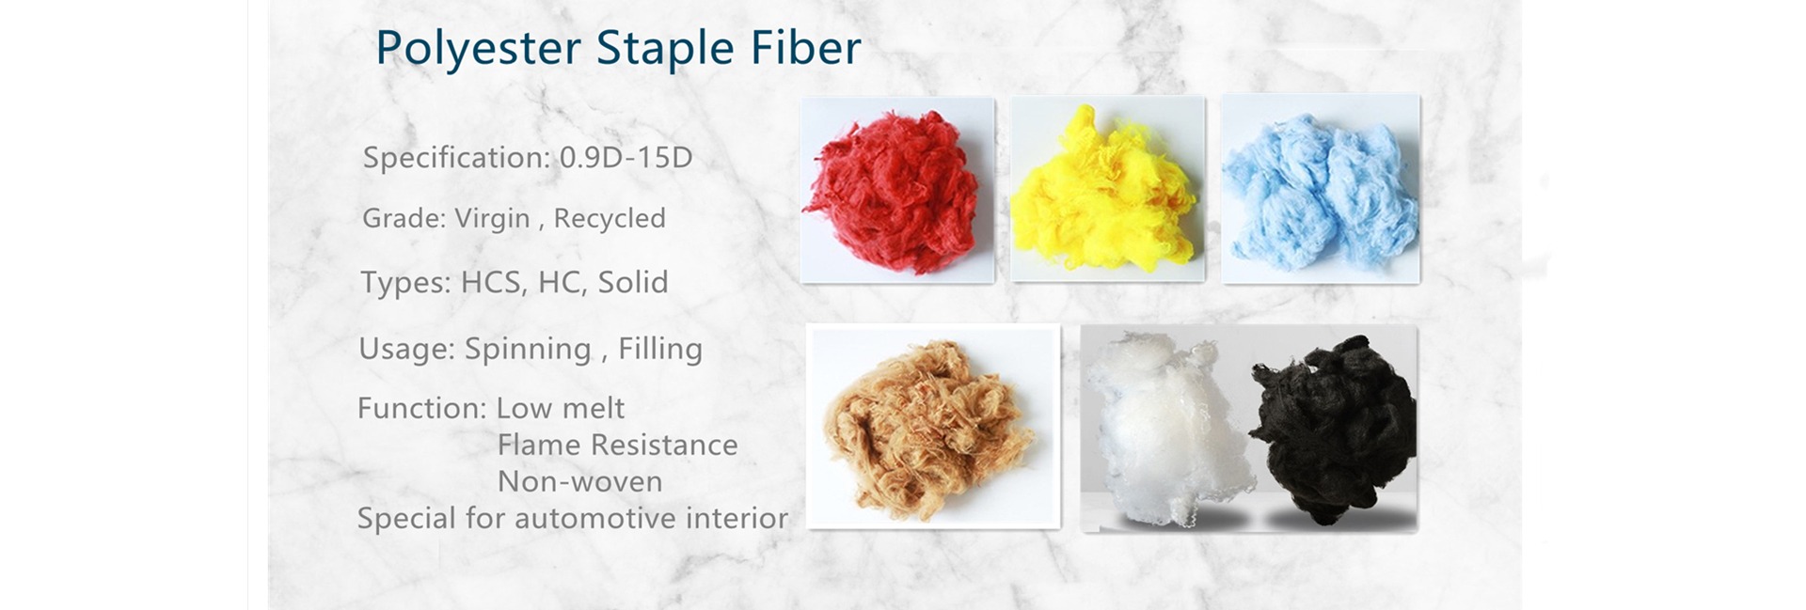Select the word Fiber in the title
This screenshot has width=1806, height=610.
click(805, 47)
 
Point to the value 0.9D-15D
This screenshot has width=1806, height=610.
click(626, 157)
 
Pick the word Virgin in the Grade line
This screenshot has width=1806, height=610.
click(492, 218)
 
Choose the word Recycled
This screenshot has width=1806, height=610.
click(610, 218)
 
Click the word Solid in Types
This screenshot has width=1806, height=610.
click(633, 282)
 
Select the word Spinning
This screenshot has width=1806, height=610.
click(528, 349)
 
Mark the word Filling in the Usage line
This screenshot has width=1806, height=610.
click(660, 349)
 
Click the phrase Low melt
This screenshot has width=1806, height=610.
click(560, 408)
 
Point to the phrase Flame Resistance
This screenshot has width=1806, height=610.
click(617, 445)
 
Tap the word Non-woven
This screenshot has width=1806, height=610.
click(579, 481)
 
